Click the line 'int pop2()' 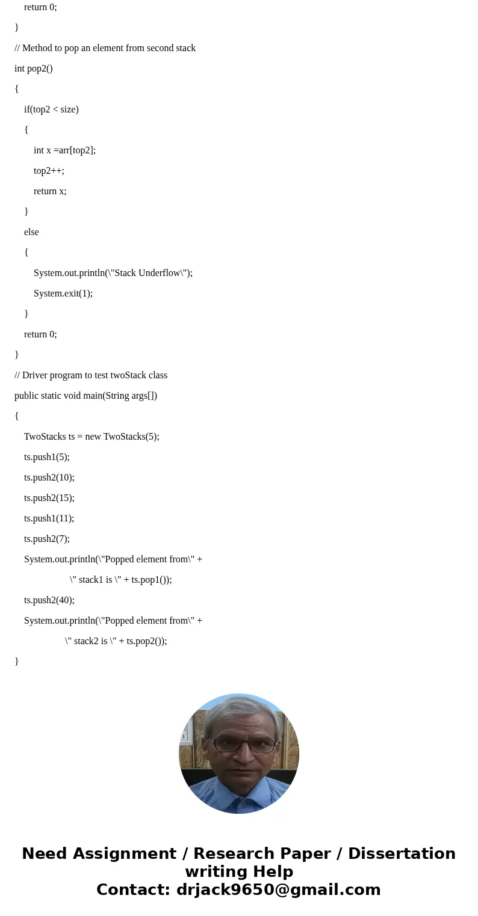pyautogui.click(x=34, y=69)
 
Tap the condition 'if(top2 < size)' pyautogui.click(x=51, y=109)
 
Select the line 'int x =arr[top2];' pyautogui.click(x=64, y=150)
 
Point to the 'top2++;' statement pyautogui.click(x=49, y=171)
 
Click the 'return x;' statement pyautogui.click(x=50, y=191)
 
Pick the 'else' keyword pyautogui.click(x=31, y=232)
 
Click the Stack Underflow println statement pyautogui.click(x=113, y=273)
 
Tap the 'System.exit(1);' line pyautogui.click(x=63, y=294)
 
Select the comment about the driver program pyautogui.click(x=91, y=375)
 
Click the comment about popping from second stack pyautogui.click(x=105, y=48)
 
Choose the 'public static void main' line pyautogui.click(x=85, y=396)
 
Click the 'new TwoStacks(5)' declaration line pyautogui.click(x=92, y=437)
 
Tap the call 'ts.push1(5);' pyautogui.click(x=47, y=457)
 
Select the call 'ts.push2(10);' pyautogui.click(x=49, y=478)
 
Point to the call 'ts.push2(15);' pyautogui.click(x=49, y=498)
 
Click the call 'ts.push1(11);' pyautogui.click(x=49, y=518)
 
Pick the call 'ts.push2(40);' pyautogui.click(x=49, y=600)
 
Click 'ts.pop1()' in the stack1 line pyautogui.click(x=151, y=580)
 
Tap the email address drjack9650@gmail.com pyautogui.click(x=278, y=890)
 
